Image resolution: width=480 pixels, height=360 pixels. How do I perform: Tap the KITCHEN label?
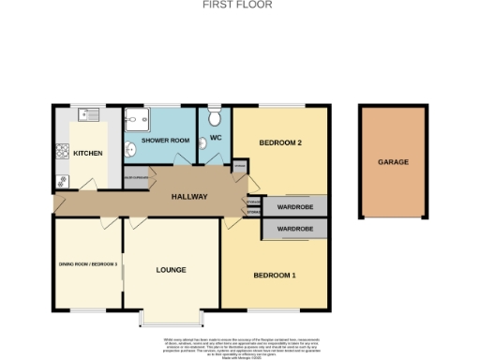pos(88,153)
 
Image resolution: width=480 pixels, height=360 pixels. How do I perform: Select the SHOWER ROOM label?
pos(165,141)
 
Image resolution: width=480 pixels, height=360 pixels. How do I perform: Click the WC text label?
pos(216,141)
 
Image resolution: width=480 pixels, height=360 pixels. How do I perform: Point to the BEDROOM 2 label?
pos(280,142)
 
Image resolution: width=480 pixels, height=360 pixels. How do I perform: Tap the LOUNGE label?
pos(171,269)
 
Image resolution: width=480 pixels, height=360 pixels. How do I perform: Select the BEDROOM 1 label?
pos(275,275)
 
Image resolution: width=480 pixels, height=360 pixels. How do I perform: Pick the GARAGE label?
pos(393,162)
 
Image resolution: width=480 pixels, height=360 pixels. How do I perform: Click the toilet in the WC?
pos(215,117)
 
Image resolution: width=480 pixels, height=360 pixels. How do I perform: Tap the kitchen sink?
pos(90,116)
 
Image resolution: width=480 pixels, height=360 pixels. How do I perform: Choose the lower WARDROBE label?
pos(294,229)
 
